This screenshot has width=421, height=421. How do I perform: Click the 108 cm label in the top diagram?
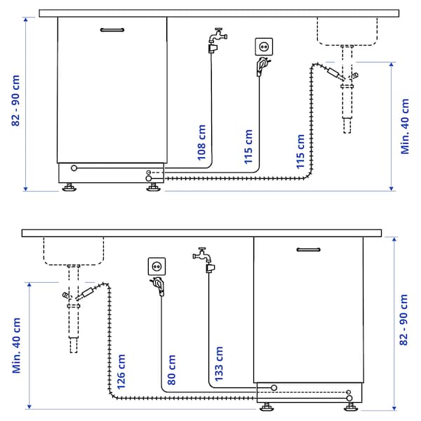coord(202,144)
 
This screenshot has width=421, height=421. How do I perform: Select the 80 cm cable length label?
coord(172,373)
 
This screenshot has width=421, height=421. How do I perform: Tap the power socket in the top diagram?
coord(265,46)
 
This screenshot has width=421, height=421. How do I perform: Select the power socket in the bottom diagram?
coord(156,267)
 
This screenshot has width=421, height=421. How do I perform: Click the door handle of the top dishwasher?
coord(112,30)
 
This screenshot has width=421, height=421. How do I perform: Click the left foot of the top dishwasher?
coord(69,187)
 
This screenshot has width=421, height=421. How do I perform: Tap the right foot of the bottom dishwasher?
coord(350,403)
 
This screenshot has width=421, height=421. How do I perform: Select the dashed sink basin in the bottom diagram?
coord(74,250)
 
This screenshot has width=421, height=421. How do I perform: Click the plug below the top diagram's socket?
coord(261,67)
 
